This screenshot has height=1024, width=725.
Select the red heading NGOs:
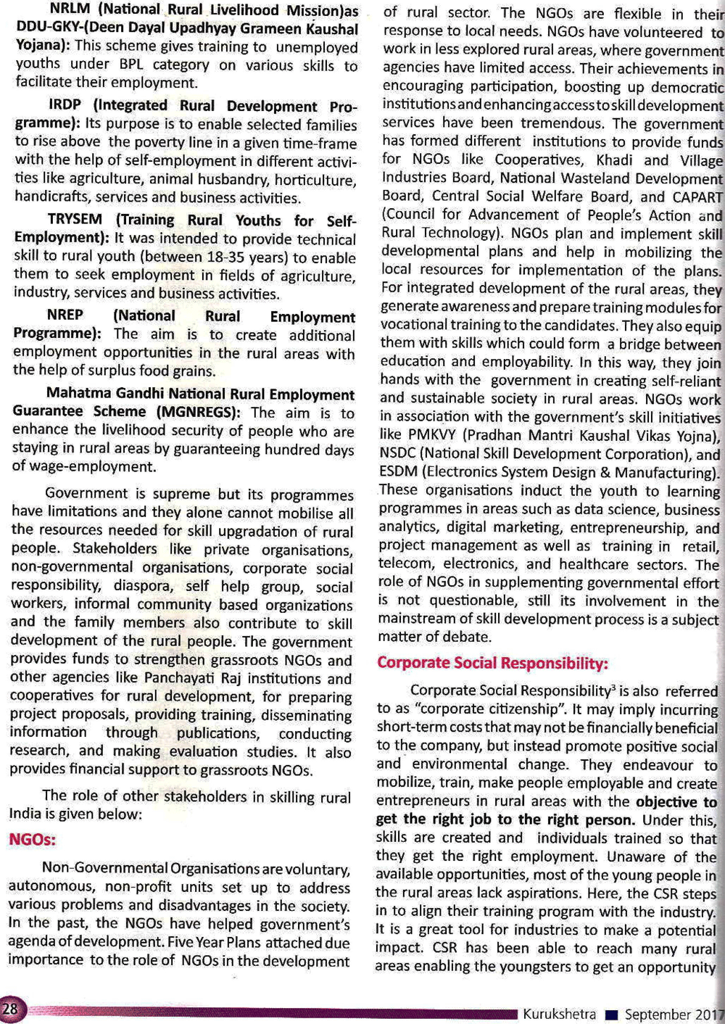pos(32,840)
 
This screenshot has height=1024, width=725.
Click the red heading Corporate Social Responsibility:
pos(492,663)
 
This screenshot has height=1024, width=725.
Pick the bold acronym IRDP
pos(65,106)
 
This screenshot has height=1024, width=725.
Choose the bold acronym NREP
pos(65,315)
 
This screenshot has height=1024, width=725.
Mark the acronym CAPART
pos(697,197)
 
